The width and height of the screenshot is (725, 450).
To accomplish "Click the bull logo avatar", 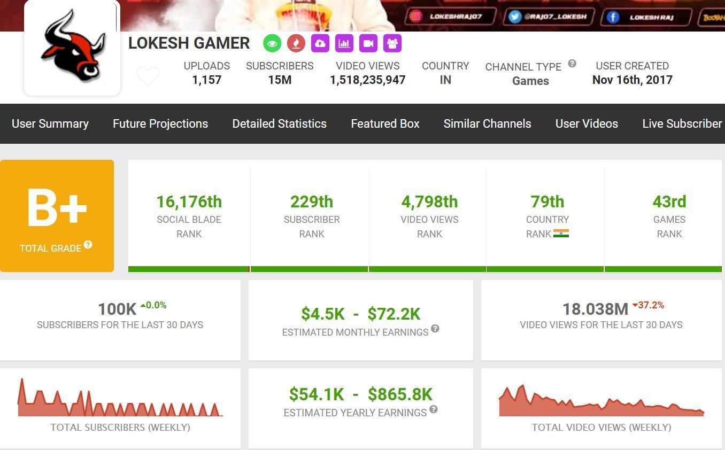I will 72,48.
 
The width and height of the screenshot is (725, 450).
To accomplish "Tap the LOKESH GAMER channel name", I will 189,43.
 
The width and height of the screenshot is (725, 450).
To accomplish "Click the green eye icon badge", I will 272,43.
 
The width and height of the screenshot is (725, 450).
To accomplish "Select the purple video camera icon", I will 368,43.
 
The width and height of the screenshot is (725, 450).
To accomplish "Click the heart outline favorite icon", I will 148,76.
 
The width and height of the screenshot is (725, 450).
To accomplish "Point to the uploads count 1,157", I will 206,80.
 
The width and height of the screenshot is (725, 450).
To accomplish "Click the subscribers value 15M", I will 280,80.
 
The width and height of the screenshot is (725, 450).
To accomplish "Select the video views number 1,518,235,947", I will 367,80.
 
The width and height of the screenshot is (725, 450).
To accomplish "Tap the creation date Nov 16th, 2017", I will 632,80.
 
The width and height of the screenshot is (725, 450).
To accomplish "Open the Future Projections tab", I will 160,123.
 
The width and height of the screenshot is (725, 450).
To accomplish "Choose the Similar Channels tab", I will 487,123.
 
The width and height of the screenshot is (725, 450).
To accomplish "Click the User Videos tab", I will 587,123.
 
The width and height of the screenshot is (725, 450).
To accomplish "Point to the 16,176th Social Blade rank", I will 189,202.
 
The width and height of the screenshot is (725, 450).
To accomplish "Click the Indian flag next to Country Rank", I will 561,234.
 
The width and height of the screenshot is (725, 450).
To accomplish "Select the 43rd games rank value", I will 669,202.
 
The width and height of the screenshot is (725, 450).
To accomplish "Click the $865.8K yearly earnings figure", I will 400,394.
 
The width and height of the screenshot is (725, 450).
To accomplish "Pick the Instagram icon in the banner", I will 415,17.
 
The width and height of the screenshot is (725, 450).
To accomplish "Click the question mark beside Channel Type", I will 572,64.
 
